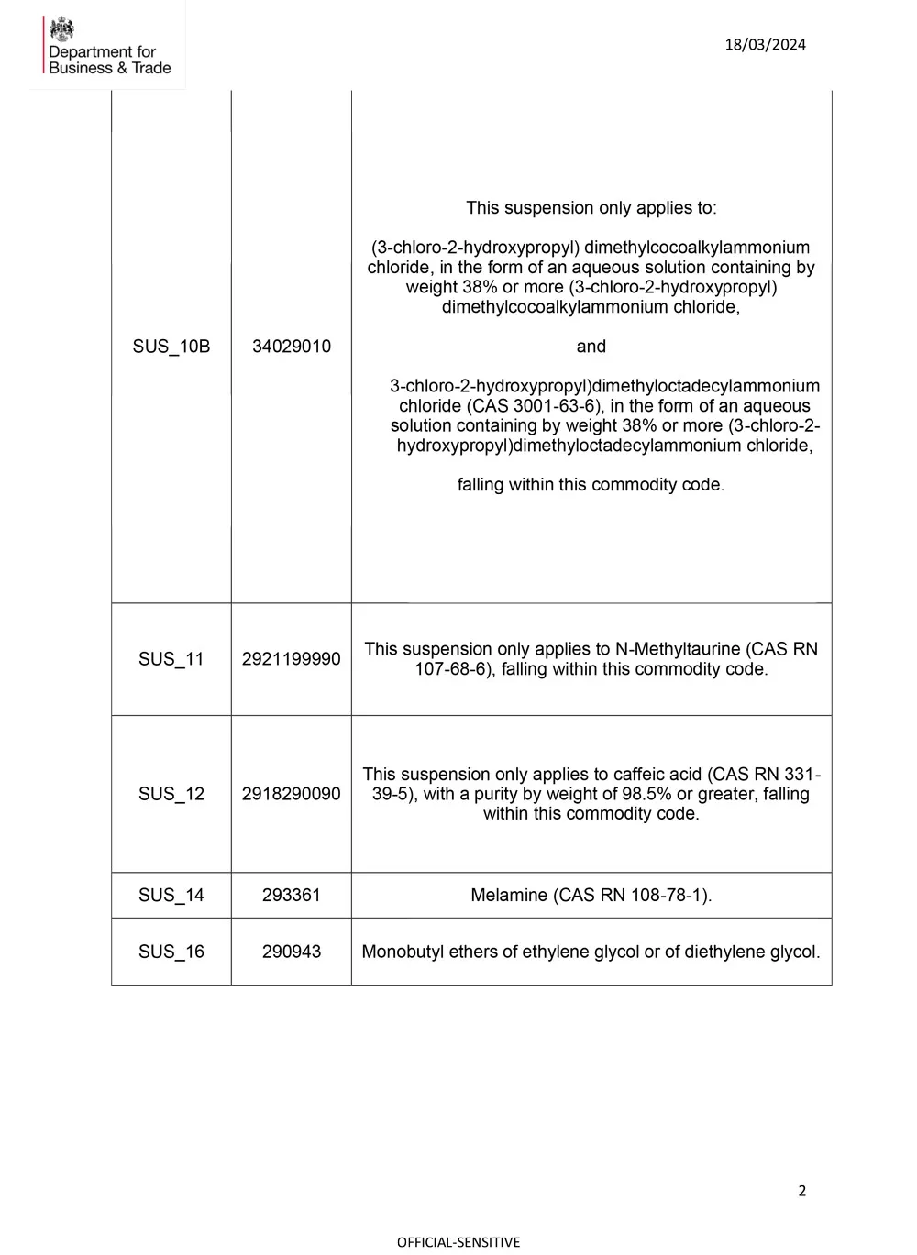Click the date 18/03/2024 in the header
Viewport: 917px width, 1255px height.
tap(765, 45)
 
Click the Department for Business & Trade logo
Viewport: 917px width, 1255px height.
tap(107, 46)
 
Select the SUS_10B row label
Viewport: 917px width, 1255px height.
tap(171, 347)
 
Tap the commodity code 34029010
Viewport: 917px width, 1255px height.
tap(292, 347)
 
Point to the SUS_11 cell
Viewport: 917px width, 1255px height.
tap(171, 659)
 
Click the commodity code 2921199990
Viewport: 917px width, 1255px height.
tap(292, 659)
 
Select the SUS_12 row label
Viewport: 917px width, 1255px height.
tap(171, 794)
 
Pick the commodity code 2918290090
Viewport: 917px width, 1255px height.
tap(292, 794)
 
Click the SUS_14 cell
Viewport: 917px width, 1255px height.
tap(171, 896)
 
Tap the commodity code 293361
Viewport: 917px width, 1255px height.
tap(292, 896)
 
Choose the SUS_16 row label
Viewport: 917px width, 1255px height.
tap(171, 952)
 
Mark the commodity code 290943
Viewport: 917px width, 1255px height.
tap(292, 952)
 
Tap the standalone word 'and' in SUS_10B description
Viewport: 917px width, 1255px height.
tap(591, 347)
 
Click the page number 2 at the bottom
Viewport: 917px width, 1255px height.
tap(802, 1191)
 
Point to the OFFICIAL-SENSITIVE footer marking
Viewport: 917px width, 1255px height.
tap(458, 1242)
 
